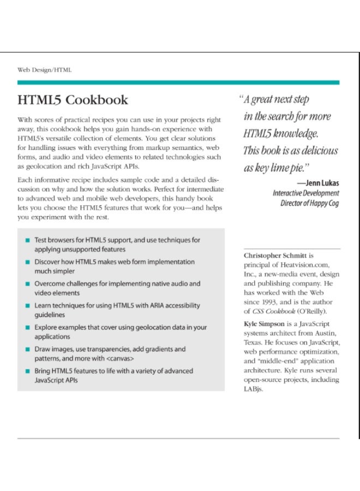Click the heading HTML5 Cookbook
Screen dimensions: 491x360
[x=73, y=100]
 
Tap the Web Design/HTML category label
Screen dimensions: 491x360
[x=44, y=70]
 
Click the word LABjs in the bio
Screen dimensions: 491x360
[x=254, y=389]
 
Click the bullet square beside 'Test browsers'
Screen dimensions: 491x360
[x=27, y=241]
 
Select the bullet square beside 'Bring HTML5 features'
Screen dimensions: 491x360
[x=27, y=372]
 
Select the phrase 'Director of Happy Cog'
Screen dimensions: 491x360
[x=309, y=203]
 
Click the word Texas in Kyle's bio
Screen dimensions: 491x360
[x=253, y=343]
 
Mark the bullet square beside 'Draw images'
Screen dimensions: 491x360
[x=27, y=350]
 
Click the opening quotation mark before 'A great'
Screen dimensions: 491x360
[x=241, y=100]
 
